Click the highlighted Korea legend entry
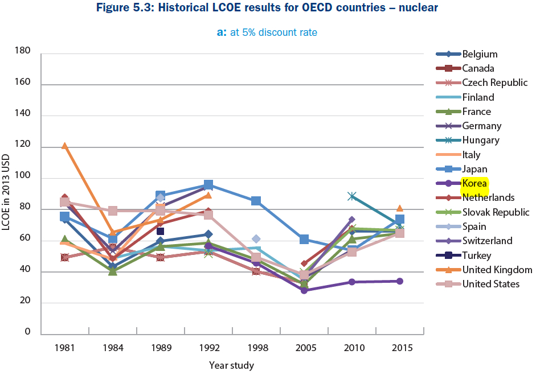[474, 183]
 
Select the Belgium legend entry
[480, 54]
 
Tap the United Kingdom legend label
[497, 270]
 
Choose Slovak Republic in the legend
[496, 212]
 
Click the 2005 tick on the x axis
[304, 347]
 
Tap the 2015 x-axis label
[399, 347]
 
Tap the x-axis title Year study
[231, 365]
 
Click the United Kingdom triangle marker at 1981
[64, 146]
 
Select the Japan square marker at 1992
[208, 185]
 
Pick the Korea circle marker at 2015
[399, 281]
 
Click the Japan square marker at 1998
[256, 201]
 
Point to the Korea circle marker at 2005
[304, 290]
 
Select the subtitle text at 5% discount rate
[273, 32]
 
